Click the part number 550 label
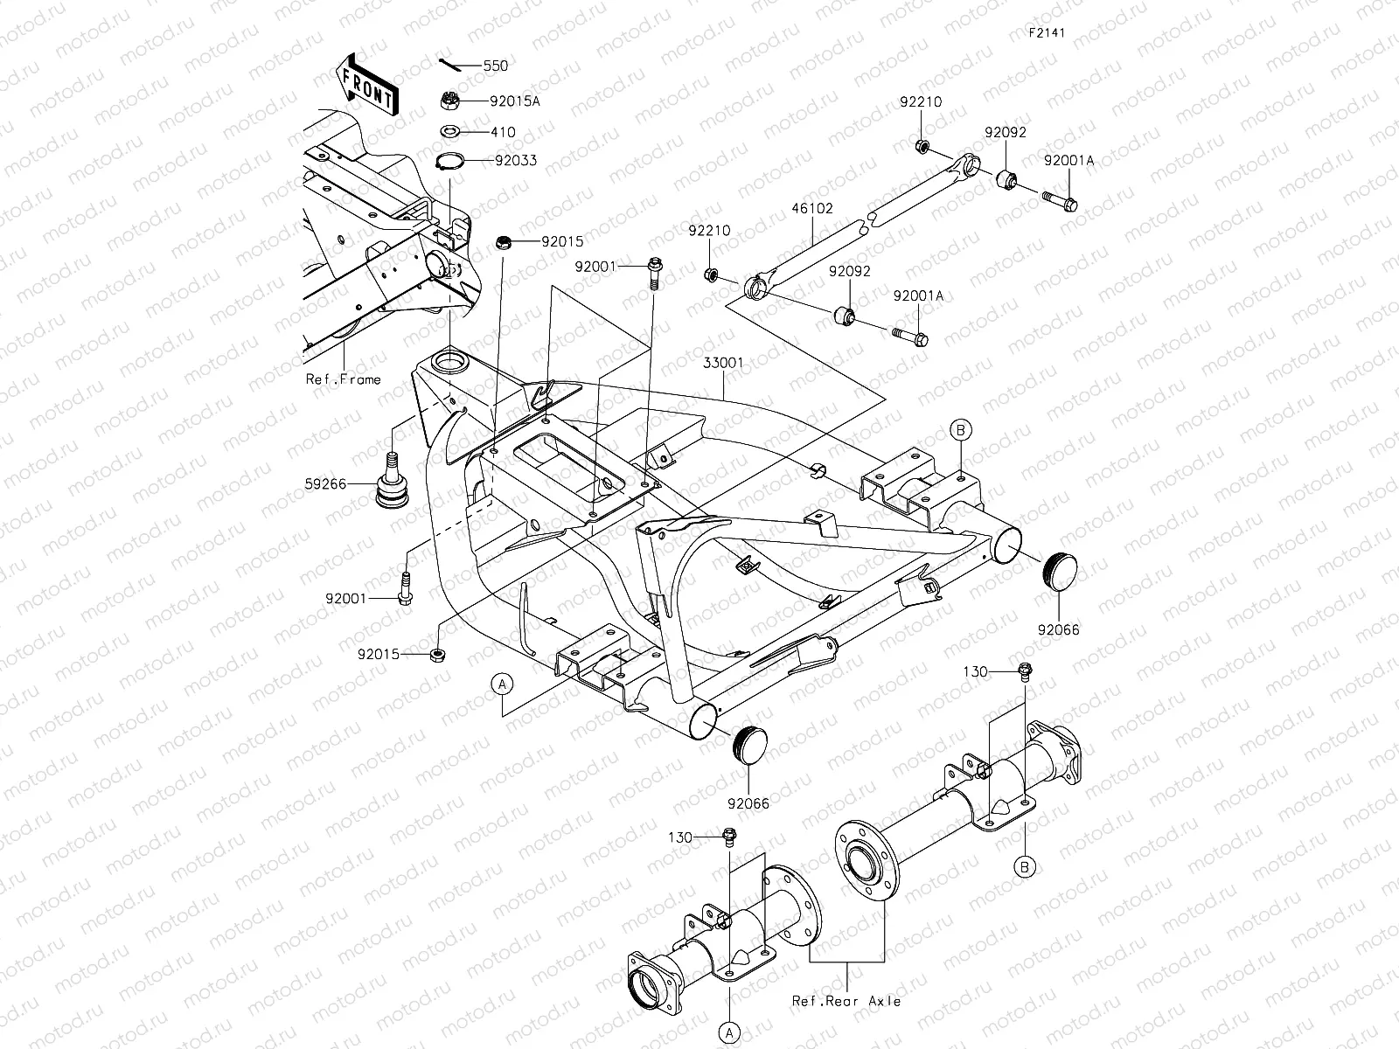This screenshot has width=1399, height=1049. pos(495,66)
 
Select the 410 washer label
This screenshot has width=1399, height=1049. pos(504,132)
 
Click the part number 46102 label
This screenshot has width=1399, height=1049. pos(814,209)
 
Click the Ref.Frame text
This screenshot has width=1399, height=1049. pos(344,379)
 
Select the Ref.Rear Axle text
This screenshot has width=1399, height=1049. pos(846,1001)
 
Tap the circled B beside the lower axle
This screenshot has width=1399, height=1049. pos(1026,866)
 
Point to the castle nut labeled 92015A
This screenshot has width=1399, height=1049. pos(451,101)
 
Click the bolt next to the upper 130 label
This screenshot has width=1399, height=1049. pos(1026,671)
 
